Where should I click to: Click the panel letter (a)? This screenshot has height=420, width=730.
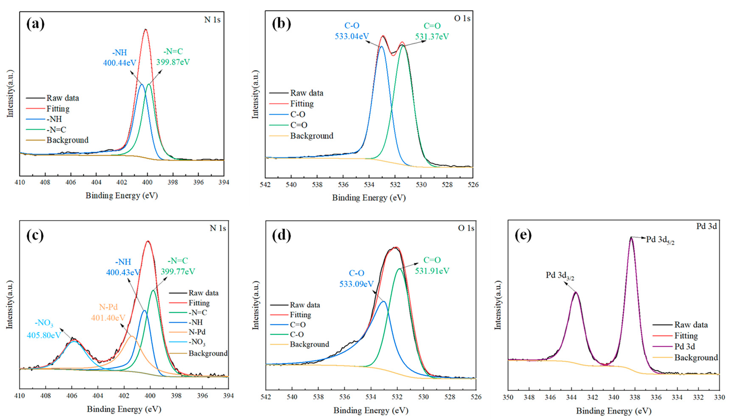[x=36, y=24]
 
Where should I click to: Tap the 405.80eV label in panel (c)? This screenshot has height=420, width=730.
[x=44, y=335]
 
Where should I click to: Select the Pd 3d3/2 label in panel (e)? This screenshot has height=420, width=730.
[x=560, y=275]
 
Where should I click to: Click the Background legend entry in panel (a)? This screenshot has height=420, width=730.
[x=67, y=140]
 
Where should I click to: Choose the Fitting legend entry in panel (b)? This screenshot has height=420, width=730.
[x=302, y=104]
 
